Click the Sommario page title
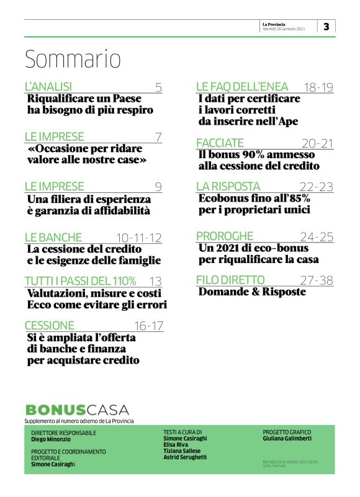coord(73,59)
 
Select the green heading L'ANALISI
coord(48,87)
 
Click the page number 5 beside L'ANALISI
coord(159,87)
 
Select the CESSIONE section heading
coord(50,325)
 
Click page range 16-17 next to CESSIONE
coord(149,326)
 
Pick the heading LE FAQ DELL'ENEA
coord(246,87)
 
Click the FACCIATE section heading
coord(220,143)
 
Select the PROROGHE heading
coord(225,236)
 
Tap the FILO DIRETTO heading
coord(230,280)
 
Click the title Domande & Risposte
coord(252,292)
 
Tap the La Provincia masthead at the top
coord(274,24)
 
